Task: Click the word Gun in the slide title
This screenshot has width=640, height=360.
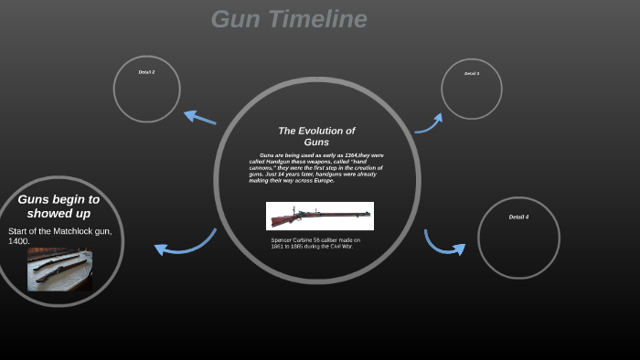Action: [231, 19]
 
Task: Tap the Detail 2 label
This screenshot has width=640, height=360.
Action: [146, 72]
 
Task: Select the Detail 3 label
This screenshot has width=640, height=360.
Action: [472, 73]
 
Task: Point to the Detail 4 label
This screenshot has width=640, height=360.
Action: [518, 217]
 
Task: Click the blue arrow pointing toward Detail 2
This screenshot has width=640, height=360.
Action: [199, 117]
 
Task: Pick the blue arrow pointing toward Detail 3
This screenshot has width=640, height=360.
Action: [430, 123]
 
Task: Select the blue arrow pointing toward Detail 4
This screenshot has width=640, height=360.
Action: [443, 244]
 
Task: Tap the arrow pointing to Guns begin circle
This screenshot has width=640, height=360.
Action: [183, 244]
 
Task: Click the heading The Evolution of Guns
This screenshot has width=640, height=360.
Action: [316, 136]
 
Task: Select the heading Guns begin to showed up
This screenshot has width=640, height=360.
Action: [59, 206]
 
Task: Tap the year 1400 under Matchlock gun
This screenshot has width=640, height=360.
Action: [19, 241]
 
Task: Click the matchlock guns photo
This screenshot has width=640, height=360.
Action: [59, 269]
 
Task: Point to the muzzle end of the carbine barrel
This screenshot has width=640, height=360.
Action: [368, 215]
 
